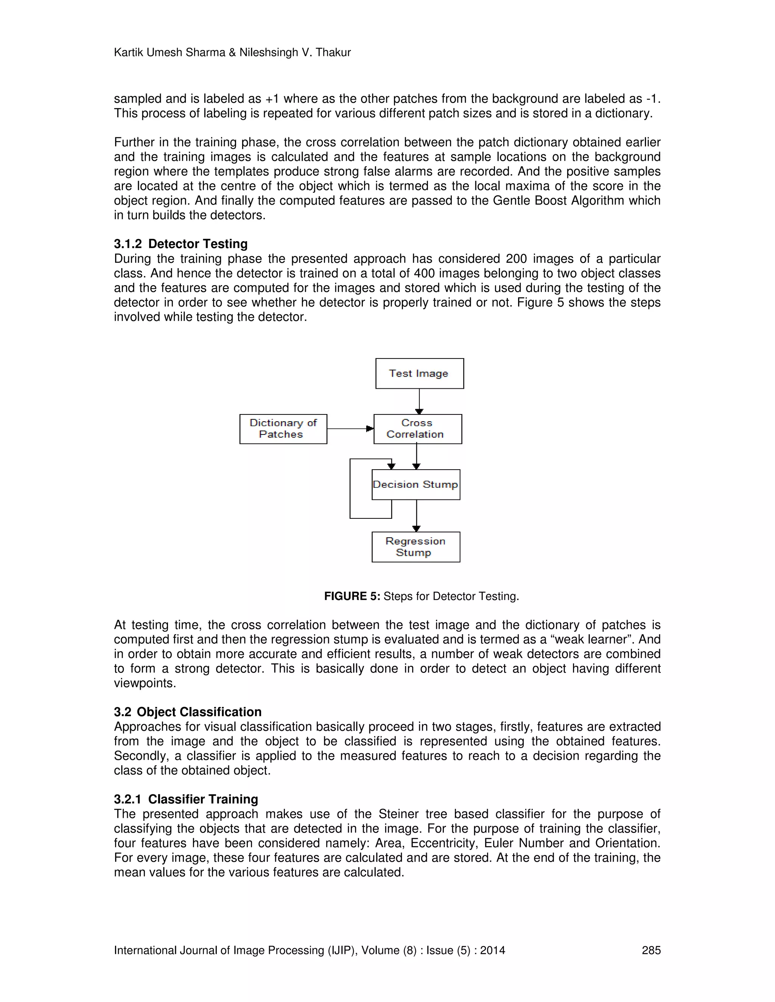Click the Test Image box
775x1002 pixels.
(419, 374)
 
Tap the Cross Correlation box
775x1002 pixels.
(417, 428)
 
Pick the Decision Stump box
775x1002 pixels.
(416, 484)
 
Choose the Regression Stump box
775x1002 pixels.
(416, 547)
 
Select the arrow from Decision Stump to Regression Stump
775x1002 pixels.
(416, 515)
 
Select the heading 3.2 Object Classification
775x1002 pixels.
(187, 712)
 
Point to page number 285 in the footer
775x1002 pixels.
(651, 950)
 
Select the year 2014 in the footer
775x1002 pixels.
(492, 950)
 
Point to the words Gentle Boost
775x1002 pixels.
(530, 200)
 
